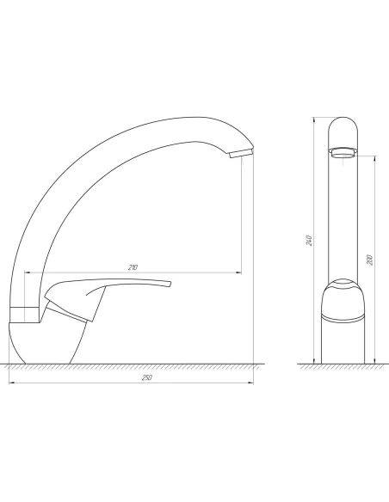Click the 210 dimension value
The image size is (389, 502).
coord(133,267)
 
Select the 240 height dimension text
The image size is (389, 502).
coord(308,240)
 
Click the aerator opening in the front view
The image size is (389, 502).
coord(343,153)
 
